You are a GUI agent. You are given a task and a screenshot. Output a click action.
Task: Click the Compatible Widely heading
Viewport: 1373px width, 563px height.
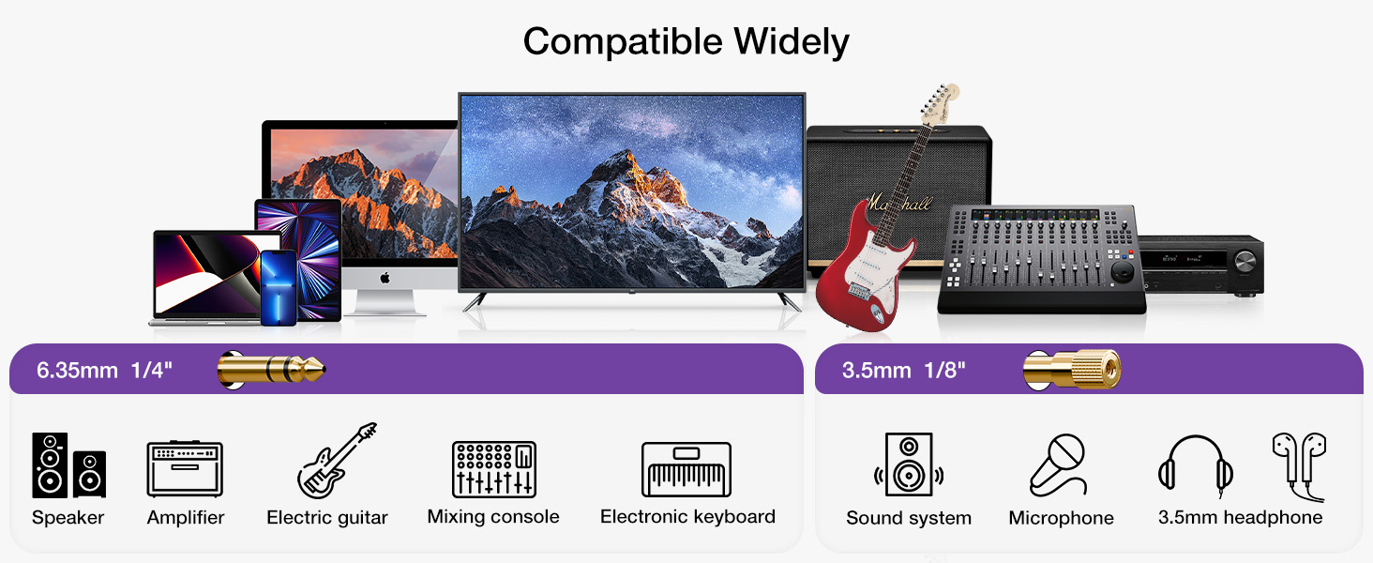pos(686,42)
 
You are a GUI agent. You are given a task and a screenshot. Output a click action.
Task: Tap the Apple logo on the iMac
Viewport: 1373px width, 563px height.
pos(385,278)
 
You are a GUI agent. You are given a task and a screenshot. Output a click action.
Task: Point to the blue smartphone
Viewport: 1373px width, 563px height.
pos(278,287)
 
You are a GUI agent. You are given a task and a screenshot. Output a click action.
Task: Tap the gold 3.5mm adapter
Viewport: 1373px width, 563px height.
pos(1071,370)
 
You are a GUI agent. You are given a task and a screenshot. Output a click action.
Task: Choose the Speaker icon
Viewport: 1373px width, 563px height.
pos(68,465)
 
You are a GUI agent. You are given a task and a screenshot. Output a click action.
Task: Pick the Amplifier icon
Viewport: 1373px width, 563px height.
pos(185,469)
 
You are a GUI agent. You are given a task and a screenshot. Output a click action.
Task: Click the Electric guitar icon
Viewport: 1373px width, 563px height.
pos(336,461)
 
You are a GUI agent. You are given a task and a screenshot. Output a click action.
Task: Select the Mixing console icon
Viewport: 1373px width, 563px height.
pos(493,469)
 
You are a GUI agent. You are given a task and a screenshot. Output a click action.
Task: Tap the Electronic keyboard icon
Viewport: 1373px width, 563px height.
pos(686,469)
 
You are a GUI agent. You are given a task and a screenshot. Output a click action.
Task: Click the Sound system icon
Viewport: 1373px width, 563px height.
pos(908,464)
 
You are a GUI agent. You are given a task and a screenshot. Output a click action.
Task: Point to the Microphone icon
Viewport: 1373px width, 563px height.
pos(1059,464)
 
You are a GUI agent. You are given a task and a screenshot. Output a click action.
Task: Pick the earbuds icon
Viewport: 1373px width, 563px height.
pos(1299,464)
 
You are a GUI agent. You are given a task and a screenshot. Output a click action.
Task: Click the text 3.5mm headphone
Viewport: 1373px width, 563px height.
pos(1240,518)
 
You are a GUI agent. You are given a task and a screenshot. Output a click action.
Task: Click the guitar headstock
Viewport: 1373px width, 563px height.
pos(940,100)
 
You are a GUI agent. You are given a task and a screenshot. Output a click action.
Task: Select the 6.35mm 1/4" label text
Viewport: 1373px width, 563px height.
pos(104,370)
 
